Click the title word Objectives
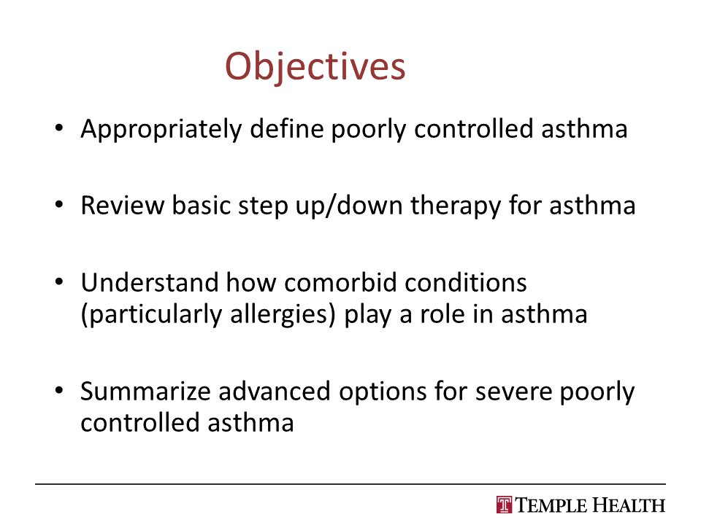(x=315, y=66)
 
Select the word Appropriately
(x=161, y=130)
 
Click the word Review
(x=123, y=206)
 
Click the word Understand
(x=150, y=283)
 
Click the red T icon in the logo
(x=505, y=505)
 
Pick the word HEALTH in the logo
(x=629, y=505)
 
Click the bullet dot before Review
(x=59, y=205)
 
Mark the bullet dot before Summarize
(x=59, y=390)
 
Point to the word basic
(x=201, y=206)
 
